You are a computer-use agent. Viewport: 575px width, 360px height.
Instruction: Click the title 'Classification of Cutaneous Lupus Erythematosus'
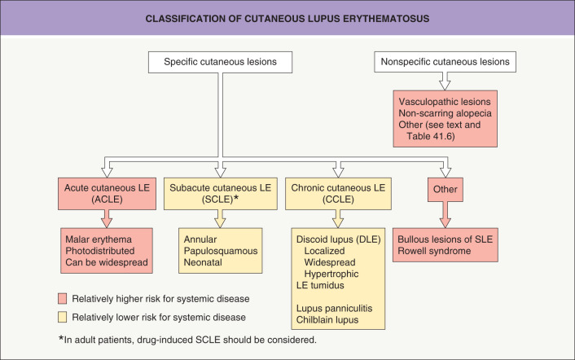click(287, 17)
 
